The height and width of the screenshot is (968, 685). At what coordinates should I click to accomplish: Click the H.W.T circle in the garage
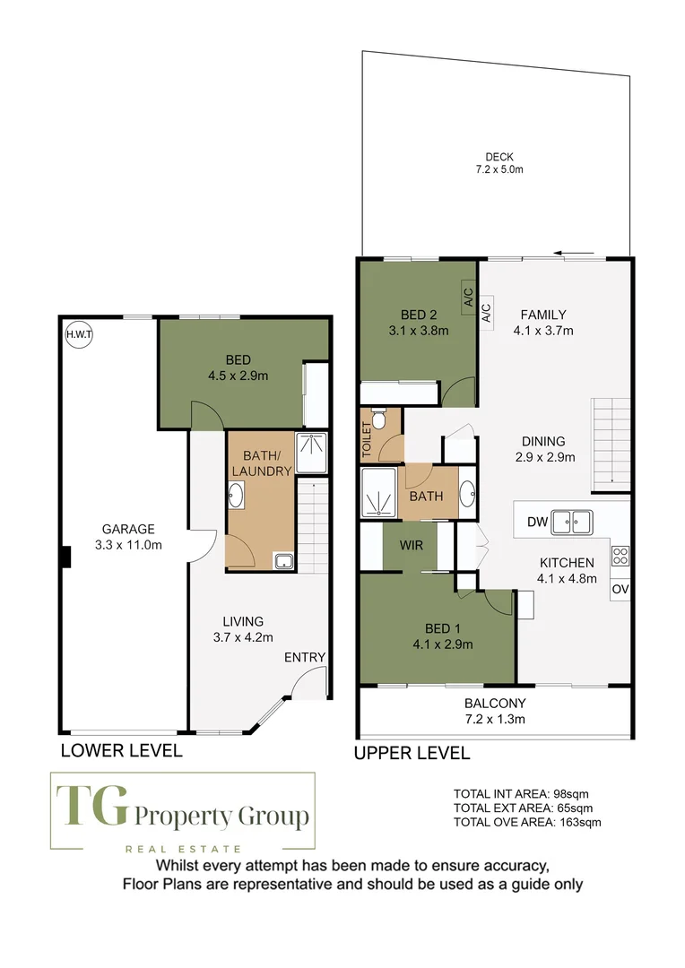click(79, 334)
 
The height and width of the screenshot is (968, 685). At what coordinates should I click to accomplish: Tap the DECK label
click(499, 157)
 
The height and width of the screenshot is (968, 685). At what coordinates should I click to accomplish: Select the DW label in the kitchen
click(537, 522)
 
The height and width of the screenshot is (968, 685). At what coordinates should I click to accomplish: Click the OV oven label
click(620, 589)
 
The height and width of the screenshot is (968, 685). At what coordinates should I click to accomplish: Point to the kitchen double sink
click(572, 522)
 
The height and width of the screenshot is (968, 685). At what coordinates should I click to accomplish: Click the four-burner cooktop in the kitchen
click(620, 557)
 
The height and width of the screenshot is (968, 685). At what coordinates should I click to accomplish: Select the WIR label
click(412, 545)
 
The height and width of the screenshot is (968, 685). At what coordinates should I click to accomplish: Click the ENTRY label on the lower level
click(305, 658)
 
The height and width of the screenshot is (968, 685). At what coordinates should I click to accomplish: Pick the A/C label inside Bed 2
click(468, 297)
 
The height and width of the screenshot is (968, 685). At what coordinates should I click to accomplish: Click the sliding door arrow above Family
click(574, 253)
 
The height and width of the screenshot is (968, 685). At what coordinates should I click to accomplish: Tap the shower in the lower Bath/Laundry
click(311, 453)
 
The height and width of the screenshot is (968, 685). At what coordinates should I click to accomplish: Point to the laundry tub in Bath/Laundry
click(284, 561)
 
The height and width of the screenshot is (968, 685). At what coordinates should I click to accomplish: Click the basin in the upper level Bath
click(468, 493)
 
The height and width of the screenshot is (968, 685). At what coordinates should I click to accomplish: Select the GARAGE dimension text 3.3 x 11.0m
click(128, 545)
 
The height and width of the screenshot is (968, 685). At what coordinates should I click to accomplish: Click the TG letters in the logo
click(92, 805)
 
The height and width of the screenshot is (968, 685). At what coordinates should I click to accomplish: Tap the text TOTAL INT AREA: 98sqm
click(521, 794)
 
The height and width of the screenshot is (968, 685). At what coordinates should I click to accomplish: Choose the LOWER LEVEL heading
click(122, 751)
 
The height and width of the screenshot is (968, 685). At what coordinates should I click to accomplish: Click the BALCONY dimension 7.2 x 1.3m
click(496, 719)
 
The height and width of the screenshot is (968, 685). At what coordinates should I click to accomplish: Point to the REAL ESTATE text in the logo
click(183, 849)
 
